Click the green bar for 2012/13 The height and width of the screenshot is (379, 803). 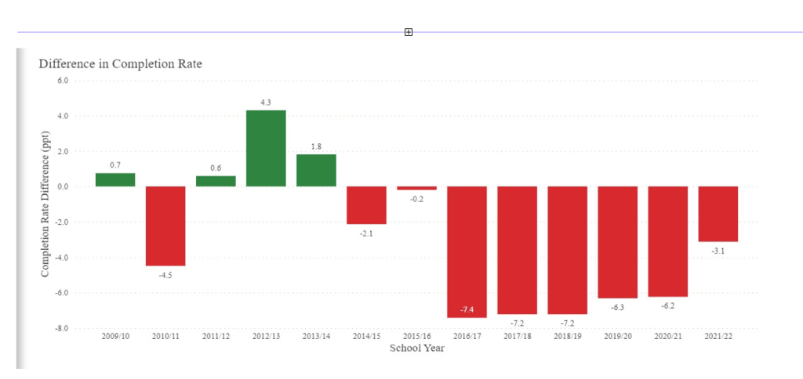click(x=266, y=148)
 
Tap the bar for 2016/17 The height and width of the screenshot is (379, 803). click(x=467, y=251)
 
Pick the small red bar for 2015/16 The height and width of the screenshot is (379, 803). click(x=416, y=188)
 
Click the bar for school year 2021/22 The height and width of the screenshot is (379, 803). click(x=718, y=214)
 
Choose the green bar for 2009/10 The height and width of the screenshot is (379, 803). click(x=115, y=180)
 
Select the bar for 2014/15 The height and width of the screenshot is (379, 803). click(x=366, y=205)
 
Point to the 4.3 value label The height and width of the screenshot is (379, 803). click(x=266, y=103)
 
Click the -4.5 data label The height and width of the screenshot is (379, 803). click(x=165, y=274)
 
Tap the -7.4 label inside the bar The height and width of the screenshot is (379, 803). click(x=467, y=311)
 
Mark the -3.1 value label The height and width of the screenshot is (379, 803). click(x=718, y=250)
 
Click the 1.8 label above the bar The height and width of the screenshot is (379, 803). click(x=316, y=146)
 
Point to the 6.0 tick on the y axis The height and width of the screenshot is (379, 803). click(x=63, y=80)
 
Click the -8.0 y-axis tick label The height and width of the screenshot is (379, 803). click(x=62, y=328)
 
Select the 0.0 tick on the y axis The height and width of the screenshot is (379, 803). click(x=63, y=186)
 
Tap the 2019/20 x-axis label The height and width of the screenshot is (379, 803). click(x=617, y=337)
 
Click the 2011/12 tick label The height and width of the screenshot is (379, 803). click(x=216, y=337)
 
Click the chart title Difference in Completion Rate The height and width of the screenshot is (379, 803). click(x=120, y=63)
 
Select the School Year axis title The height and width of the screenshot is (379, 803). click(x=416, y=348)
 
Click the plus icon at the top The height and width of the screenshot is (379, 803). click(x=408, y=32)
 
